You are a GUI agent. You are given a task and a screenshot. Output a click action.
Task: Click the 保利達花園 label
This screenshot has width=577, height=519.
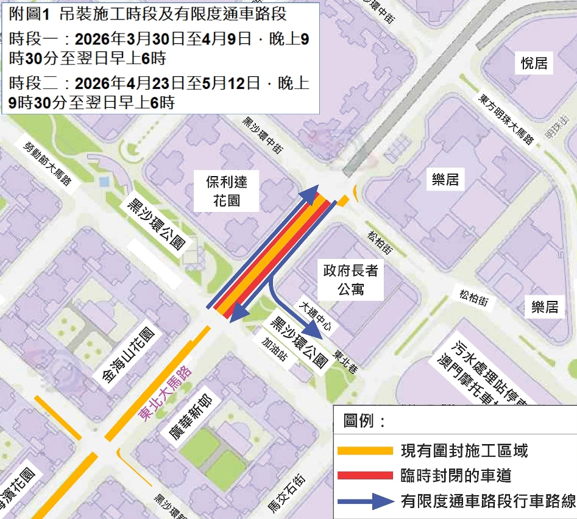click(226, 189)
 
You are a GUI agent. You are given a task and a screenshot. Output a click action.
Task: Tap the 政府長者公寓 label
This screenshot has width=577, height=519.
click(350, 280)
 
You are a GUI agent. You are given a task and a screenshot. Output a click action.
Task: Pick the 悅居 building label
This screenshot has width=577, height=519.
click(534, 63)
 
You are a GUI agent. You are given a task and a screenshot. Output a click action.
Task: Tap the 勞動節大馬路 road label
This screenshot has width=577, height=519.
click(48, 164)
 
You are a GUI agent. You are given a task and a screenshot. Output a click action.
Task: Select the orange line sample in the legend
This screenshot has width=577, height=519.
click(366, 451)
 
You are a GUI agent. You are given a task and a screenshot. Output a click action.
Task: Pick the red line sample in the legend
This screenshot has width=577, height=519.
click(366, 475)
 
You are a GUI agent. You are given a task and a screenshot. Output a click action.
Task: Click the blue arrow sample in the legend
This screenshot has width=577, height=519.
click(366, 501)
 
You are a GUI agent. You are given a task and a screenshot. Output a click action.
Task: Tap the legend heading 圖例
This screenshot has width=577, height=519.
click(365, 421)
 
